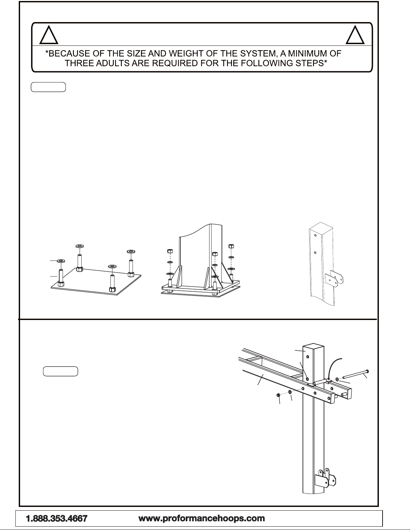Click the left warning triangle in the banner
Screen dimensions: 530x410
pyautogui.click(x=49, y=35)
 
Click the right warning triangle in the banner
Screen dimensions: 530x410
pyautogui.click(x=355, y=35)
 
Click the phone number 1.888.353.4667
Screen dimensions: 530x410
pyautogui.click(x=57, y=519)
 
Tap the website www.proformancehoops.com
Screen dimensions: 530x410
pyautogui.click(x=201, y=518)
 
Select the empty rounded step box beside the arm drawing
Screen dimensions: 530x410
pyautogui.click(x=61, y=372)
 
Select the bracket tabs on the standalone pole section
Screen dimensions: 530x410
pyautogui.click(x=335, y=277)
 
